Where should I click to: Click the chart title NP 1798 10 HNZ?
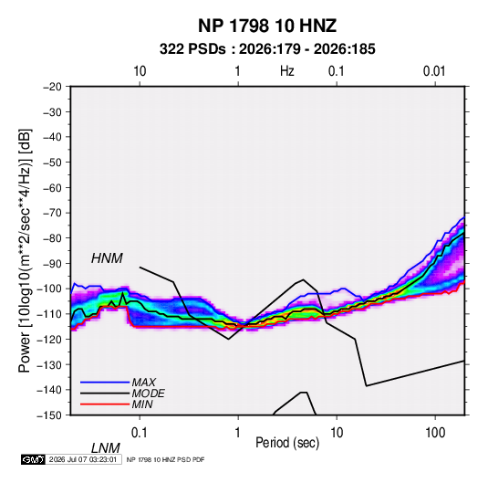coord(267,26)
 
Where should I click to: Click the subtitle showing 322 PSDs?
coord(267,49)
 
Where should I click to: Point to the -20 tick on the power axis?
coord(52,87)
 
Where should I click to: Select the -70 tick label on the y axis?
coord(52,213)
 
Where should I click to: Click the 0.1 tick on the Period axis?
coord(140,433)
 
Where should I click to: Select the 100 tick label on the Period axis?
coord(435,433)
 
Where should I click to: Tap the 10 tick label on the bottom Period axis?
coord(337,433)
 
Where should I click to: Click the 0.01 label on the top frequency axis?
coord(434,71)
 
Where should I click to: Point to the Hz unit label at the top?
coord(287,71)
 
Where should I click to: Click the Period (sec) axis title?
coord(287,443)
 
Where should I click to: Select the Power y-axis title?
coord(25,251)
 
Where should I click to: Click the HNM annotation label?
coord(107,258)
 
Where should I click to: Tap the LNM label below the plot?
coord(106,448)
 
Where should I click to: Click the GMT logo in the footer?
coord(34,459)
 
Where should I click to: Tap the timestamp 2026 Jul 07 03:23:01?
coord(83,459)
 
